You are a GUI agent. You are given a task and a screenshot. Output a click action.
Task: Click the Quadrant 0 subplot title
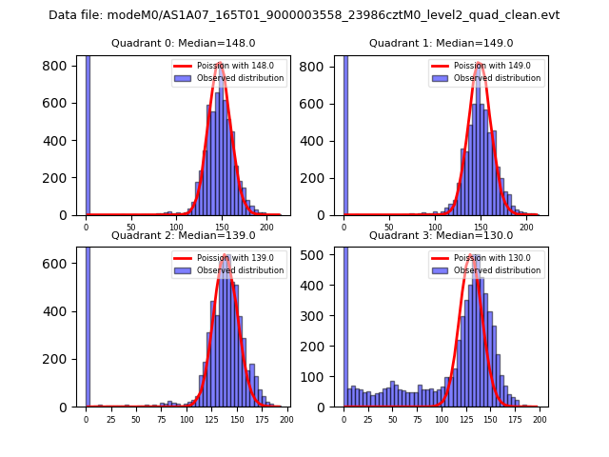pyautogui.click(x=183, y=43)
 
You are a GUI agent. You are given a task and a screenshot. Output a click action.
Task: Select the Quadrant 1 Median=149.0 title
pyautogui.click(x=441, y=43)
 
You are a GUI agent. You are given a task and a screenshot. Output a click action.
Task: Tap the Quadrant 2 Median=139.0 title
pyautogui.click(x=183, y=235)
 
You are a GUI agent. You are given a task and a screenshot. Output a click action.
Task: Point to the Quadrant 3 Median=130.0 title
pyautogui.click(x=441, y=235)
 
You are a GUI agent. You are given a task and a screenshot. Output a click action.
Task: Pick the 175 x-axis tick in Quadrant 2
pyautogui.click(x=261, y=419)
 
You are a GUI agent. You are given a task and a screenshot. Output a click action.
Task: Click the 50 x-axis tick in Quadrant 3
pyautogui.click(x=393, y=419)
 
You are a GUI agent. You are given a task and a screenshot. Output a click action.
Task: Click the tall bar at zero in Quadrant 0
pyautogui.click(x=88, y=133)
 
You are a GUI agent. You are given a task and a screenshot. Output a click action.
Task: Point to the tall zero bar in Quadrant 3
pyautogui.click(x=345, y=324)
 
